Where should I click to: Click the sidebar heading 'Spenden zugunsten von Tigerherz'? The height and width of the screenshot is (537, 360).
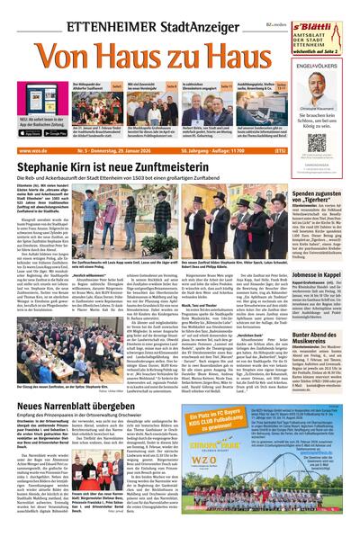[x=323, y=196]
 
